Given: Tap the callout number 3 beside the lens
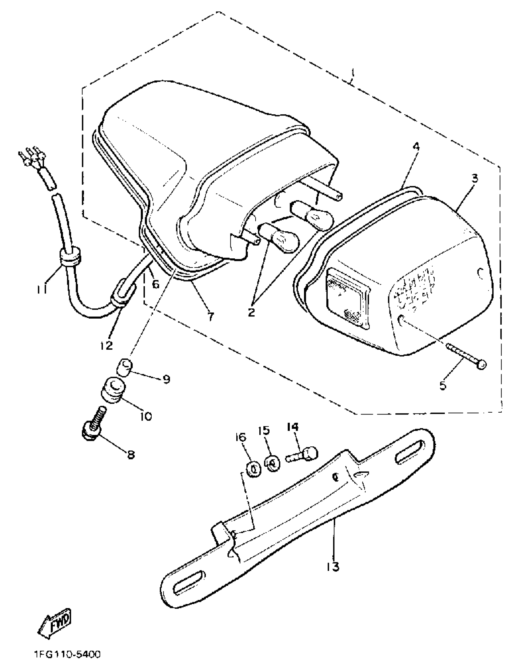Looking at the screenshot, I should [x=475, y=178].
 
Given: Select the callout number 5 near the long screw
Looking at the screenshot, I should [x=443, y=385].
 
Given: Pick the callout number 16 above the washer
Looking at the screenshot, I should [x=242, y=437].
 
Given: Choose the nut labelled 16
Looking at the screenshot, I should [x=254, y=469].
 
